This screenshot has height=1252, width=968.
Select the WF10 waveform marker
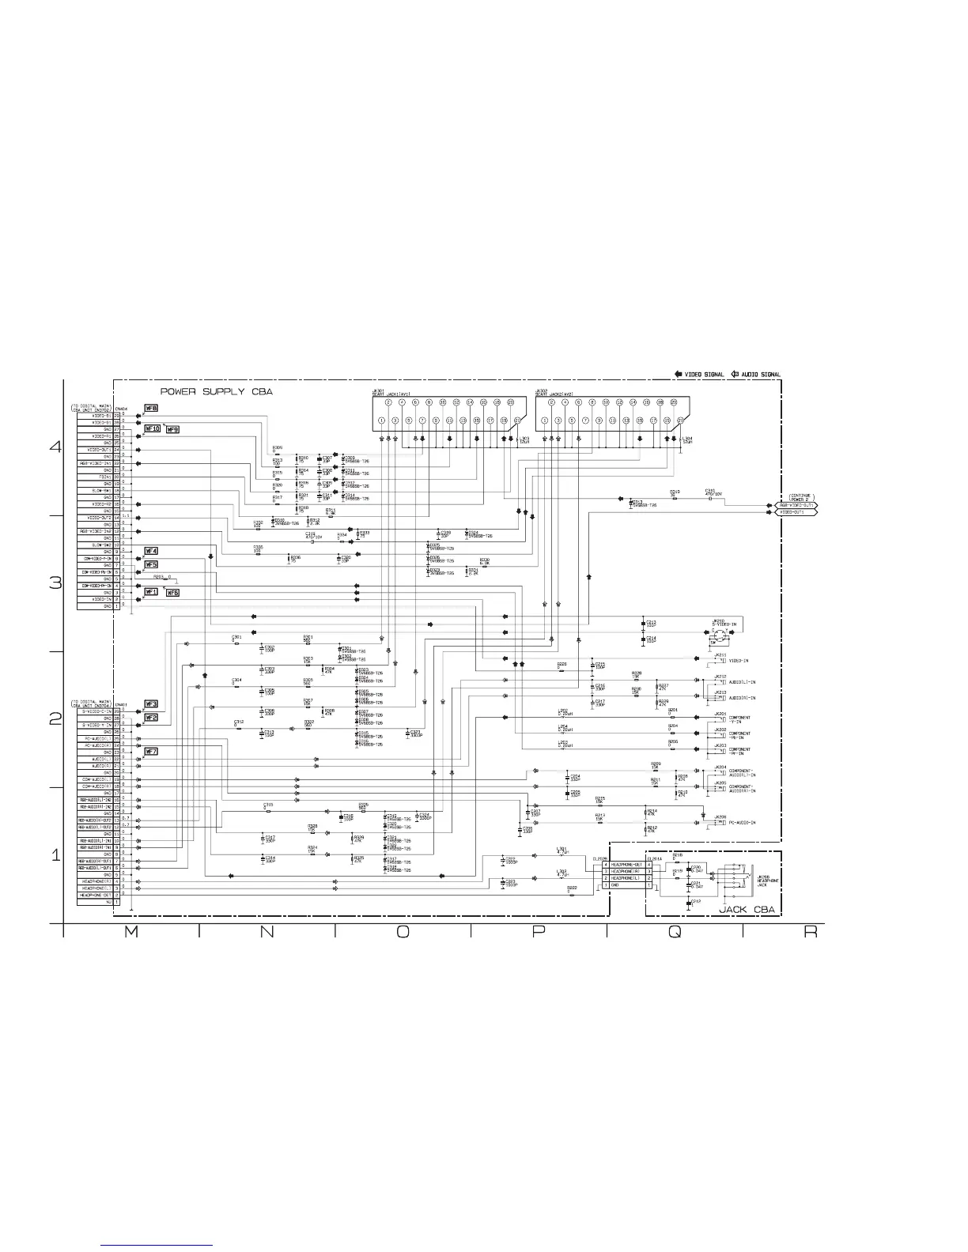(152, 429)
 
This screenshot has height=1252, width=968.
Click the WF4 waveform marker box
(150, 551)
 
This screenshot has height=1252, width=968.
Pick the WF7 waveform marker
(150, 751)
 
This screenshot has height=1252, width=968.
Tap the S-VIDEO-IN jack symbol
(718, 635)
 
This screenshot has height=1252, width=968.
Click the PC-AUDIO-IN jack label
(742, 823)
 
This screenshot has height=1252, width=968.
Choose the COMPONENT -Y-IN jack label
(739, 719)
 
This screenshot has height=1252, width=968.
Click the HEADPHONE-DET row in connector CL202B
(627, 865)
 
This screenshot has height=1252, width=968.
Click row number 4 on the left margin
(55, 447)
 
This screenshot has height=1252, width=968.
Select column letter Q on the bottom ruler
(674, 933)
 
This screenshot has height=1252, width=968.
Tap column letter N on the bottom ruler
(267, 933)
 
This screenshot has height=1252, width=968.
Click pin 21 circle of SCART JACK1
(517, 420)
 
